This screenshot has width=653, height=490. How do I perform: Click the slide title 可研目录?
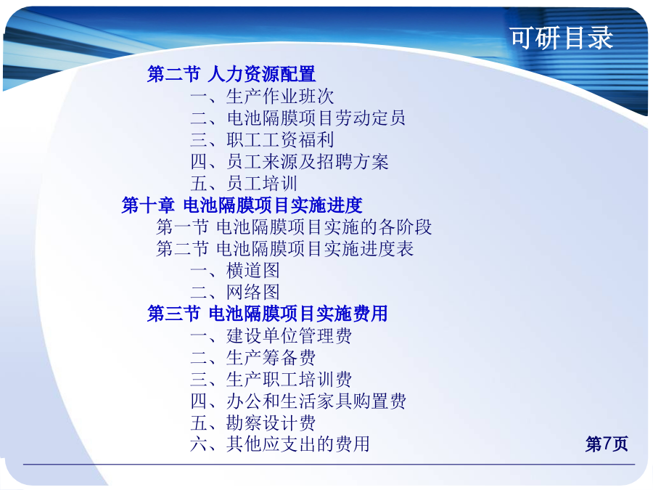(562, 38)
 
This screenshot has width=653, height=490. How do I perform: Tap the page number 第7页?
(607, 444)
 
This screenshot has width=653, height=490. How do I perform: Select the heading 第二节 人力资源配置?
(231, 74)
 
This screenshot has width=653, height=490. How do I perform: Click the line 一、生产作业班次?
(262, 97)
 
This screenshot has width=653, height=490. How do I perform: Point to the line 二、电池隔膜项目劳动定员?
(297, 118)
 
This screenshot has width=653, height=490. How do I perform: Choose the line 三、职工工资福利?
(262, 139)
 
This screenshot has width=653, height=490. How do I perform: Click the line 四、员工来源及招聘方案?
(289, 162)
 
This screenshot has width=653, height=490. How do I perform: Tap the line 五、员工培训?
(244, 184)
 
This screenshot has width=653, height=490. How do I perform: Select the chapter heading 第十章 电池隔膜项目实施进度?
(242, 205)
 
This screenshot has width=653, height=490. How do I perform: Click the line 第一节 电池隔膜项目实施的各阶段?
(294, 227)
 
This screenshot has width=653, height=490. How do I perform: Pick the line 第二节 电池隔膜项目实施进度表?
(285, 249)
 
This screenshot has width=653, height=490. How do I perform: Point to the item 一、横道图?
(235, 271)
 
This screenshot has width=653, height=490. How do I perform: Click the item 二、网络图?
(235, 292)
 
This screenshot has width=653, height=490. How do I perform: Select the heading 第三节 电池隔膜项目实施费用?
(267, 314)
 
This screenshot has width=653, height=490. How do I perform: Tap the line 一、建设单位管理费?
(271, 336)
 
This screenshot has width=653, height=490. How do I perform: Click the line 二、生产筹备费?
(253, 357)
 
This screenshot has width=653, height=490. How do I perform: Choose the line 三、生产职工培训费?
(271, 379)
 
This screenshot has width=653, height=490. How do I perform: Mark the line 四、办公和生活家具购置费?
(298, 401)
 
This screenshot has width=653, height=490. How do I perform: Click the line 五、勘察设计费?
(253, 423)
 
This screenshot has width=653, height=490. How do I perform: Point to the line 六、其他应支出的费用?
(280, 444)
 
